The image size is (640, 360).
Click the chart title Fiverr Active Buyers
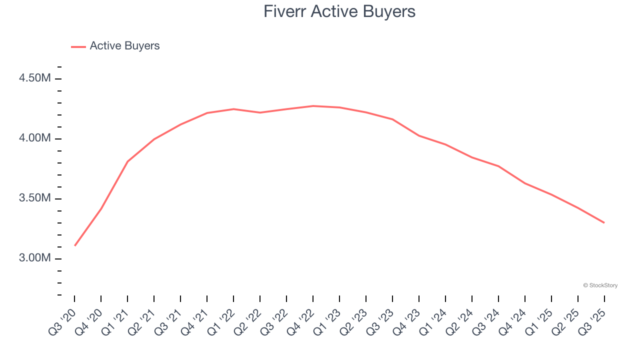tap(339, 11)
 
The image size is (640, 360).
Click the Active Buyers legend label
tap(124, 46)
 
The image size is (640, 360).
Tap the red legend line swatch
tap(78, 46)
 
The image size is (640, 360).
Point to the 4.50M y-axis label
tap(34, 78)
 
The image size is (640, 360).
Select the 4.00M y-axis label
tap(34, 138)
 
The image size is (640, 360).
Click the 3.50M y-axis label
tap(34, 198)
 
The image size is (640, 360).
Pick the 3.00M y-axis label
tap(34, 258)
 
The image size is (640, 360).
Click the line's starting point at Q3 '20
tap(74, 245)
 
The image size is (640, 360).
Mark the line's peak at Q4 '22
tap(313, 106)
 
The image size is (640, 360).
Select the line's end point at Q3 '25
tap(604, 222)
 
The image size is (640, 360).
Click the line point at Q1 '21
tap(127, 161)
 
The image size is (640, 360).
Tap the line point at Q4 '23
tap(418, 135)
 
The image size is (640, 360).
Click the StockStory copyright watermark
tap(600, 285)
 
